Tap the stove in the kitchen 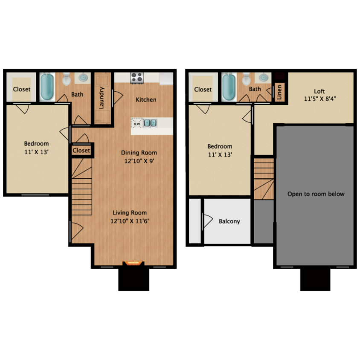click(136, 78)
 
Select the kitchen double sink click(150, 123)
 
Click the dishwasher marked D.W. click(137, 123)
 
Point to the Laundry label click(102, 98)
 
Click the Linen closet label click(279, 92)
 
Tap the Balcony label click(229, 221)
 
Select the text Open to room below click(316, 194)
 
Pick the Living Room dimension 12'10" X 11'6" click(130, 221)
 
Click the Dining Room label click(139, 153)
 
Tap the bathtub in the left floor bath click(46, 87)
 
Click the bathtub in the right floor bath click(229, 87)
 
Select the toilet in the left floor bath click(66, 79)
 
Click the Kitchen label click(146, 100)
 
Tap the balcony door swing click(208, 221)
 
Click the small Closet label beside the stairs click(81, 151)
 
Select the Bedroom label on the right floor click(220, 146)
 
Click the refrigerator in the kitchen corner click(166, 78)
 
